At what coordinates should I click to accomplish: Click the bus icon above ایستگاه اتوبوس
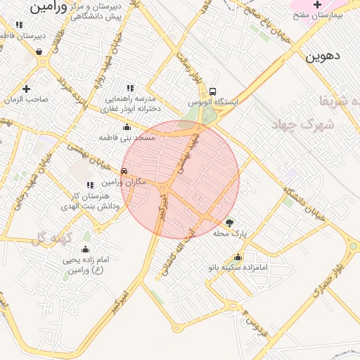tap(213, 91)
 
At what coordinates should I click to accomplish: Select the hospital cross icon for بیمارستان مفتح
tap(317, 5)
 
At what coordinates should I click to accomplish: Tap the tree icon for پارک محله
tap(229, 222)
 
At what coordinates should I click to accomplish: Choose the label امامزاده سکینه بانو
tap(239, 268)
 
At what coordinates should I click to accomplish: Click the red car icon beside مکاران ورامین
tap(124, 170)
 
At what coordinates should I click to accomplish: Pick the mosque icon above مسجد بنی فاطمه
tap(127, 127)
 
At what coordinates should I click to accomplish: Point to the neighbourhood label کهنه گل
tap(52, 239)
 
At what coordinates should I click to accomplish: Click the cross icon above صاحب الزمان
tap(26, 89)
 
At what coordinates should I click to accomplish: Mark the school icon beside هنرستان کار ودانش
tap(89, 185)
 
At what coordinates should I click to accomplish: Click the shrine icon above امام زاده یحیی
tap(85, 249)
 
